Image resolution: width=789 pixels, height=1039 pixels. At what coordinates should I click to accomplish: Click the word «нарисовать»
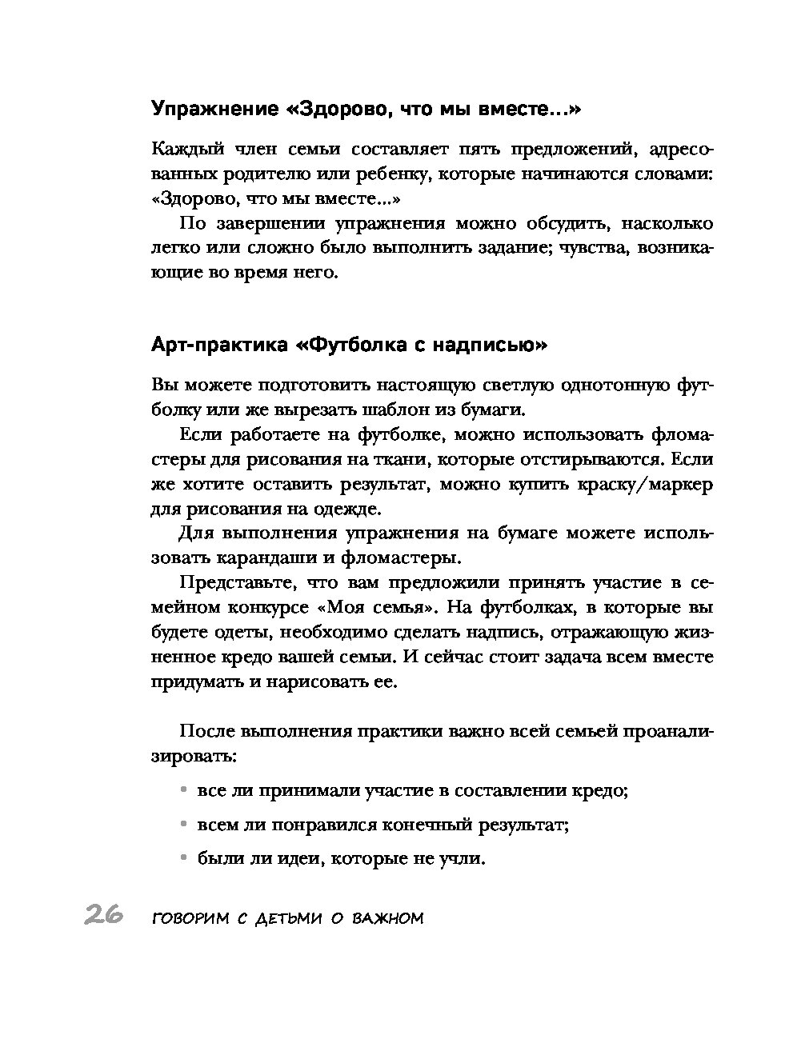pyautogui.click(x=304, y=682)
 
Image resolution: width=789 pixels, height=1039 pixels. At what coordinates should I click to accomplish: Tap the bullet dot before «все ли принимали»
pyautogui.click(x=184, y=790)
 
